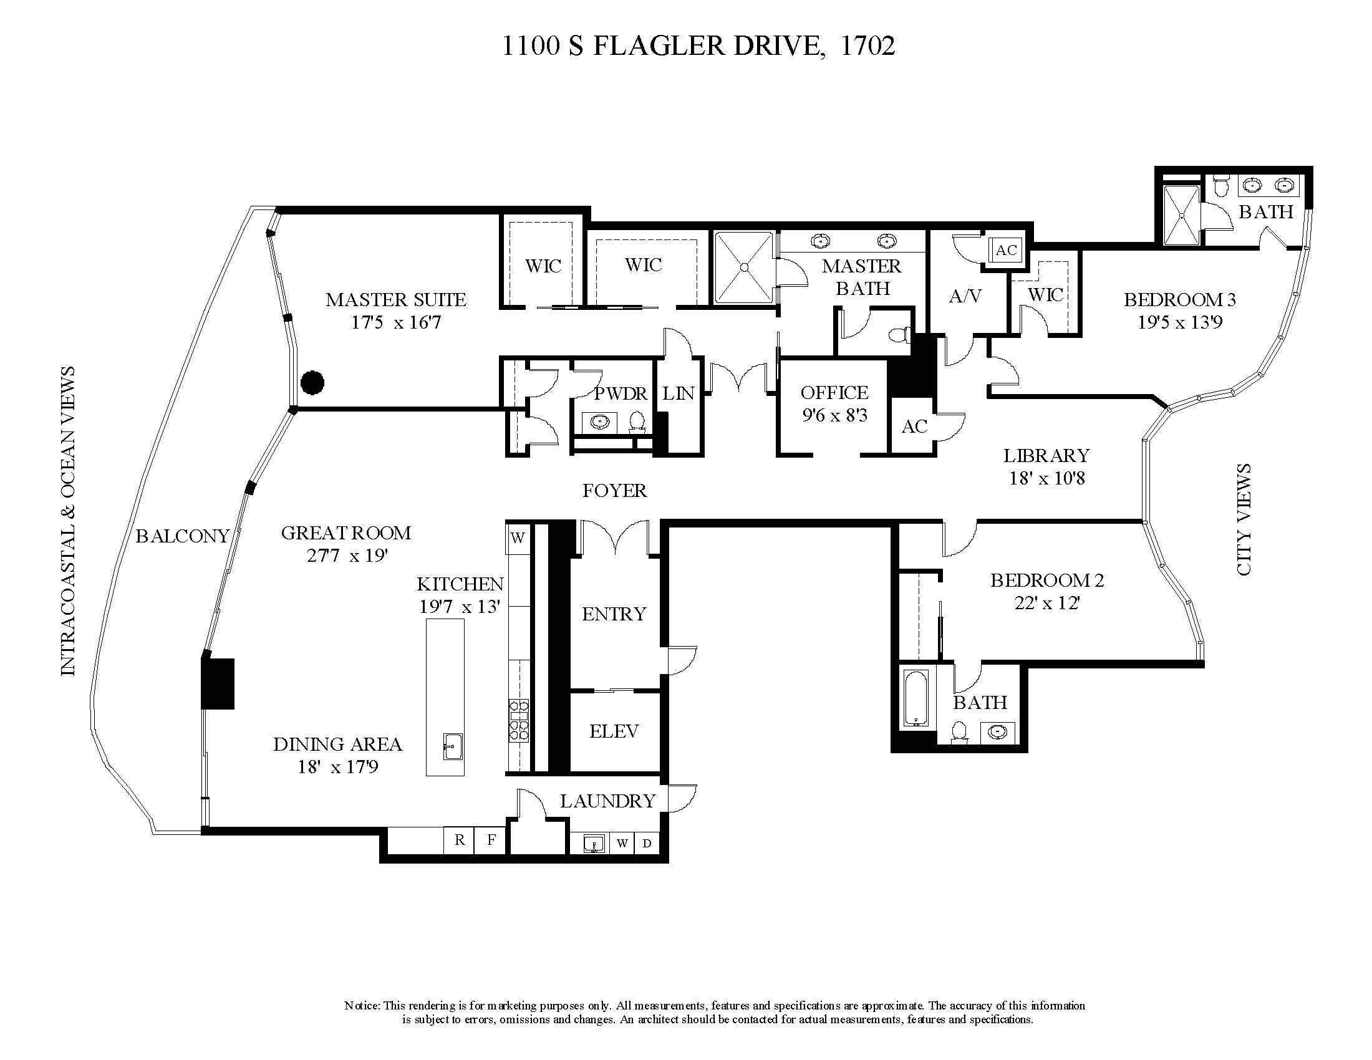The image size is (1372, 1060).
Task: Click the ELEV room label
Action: click(x=614, y=731)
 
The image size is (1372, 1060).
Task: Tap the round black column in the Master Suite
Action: click(x=312, y=382)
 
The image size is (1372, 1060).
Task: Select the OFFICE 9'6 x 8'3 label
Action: click(x=834, y=404)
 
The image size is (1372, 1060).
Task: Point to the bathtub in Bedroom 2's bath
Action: click(x=915, y=698)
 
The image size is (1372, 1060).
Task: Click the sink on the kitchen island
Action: click(x=452, y=746)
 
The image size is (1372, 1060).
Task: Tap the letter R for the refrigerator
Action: click(x=460, y=840)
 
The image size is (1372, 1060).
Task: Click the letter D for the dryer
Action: click(x=647, y=844)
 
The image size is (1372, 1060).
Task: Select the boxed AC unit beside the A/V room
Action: click(x=1006, y=250)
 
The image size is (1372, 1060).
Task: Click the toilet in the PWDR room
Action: click(x=637, y=422)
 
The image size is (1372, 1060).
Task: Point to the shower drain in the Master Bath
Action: click(x=745, y=267)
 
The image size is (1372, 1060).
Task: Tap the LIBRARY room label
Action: click(x=1046, y=455)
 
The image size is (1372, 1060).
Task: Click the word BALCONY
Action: click(x=182, y=536)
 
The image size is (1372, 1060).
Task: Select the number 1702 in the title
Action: click(x=867, y=46)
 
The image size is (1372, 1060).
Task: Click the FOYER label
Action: click(x=614, y=491)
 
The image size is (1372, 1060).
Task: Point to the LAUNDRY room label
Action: click(x=607, y=801)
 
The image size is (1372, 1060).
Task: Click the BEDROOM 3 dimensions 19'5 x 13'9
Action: click(x=1180, y=322)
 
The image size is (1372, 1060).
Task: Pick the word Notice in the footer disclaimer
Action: click(x=361, y=1005)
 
